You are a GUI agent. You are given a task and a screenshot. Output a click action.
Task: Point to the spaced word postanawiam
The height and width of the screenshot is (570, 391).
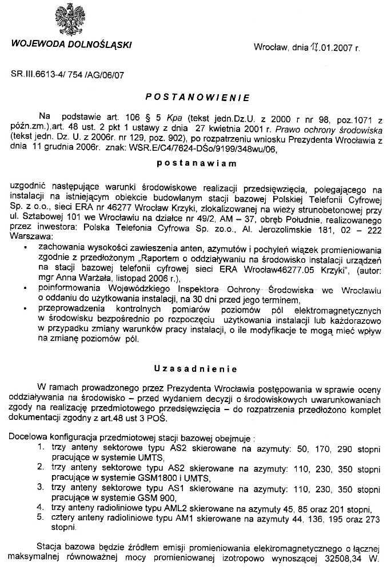tap(195, 163)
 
